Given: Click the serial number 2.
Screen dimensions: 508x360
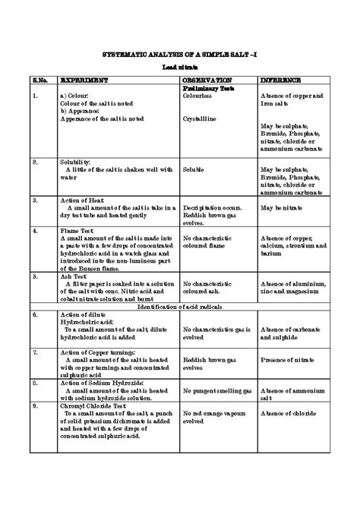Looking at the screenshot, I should (x=35, y=162).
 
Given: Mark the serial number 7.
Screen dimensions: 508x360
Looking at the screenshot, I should (x=35, y=352).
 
